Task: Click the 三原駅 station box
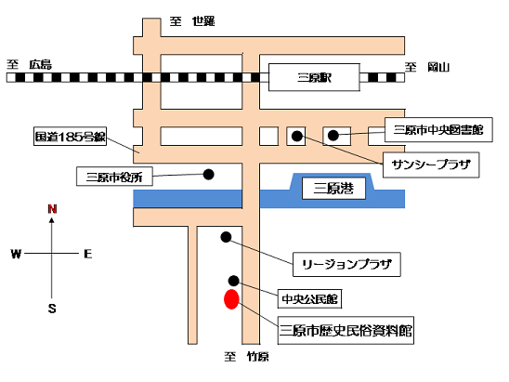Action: (314, 77)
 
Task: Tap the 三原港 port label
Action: (333, 188)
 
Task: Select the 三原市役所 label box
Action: (114, 177)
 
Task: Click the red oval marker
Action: (231, 299)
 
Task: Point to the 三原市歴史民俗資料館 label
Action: (346, 330)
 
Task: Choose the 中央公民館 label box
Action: (309, 299)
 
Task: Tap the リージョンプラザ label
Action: (346, 264)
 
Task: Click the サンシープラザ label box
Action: (431, 165)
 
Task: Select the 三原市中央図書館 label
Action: (438, 130)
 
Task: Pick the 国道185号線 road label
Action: (70, 137)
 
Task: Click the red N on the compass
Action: (52, 209)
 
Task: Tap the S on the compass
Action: (52, 308)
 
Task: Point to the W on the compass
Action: (16, 254)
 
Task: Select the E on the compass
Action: (88, 254)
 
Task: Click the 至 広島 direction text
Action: (29, 64)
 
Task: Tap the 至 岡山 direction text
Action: (427, 67)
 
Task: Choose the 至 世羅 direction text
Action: (192, 21)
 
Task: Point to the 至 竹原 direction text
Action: (247, 357)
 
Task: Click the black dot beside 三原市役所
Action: (208, 175)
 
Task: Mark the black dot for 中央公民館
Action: (234, 281)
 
